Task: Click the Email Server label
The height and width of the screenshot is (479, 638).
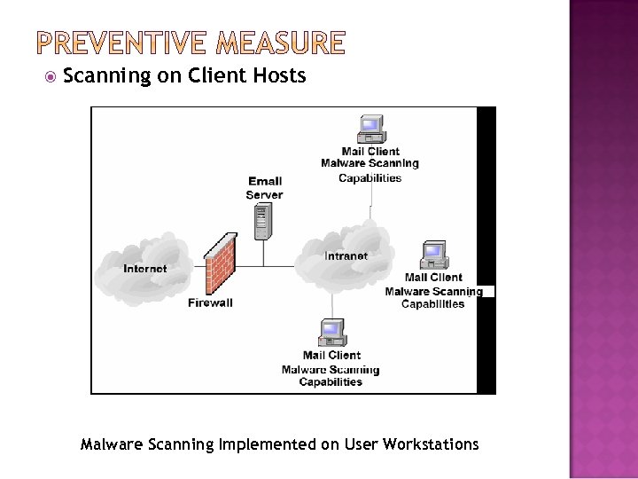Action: pos(265,188)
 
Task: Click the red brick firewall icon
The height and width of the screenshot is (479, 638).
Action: pos(221,263)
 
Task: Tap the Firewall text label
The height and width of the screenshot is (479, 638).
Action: pos(211,302)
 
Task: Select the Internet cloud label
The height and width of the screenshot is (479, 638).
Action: pos(144,268)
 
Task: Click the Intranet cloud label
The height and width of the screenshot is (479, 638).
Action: pos(346,255)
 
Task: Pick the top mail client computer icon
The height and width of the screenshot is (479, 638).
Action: pos(370,129)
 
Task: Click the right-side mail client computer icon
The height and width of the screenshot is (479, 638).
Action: pos(433,255)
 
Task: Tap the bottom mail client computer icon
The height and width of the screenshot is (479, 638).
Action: pos(331,333)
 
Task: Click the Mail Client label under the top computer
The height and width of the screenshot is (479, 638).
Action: pos(370,152)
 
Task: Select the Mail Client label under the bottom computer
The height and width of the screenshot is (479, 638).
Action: pos(331,356)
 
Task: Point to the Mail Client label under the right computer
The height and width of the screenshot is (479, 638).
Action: pos(433,278)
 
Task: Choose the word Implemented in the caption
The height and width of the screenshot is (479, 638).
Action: pos(267,444)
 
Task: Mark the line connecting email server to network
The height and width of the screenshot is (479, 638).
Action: pos(263,253)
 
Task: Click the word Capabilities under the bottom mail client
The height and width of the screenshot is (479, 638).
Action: pos(331,382)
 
